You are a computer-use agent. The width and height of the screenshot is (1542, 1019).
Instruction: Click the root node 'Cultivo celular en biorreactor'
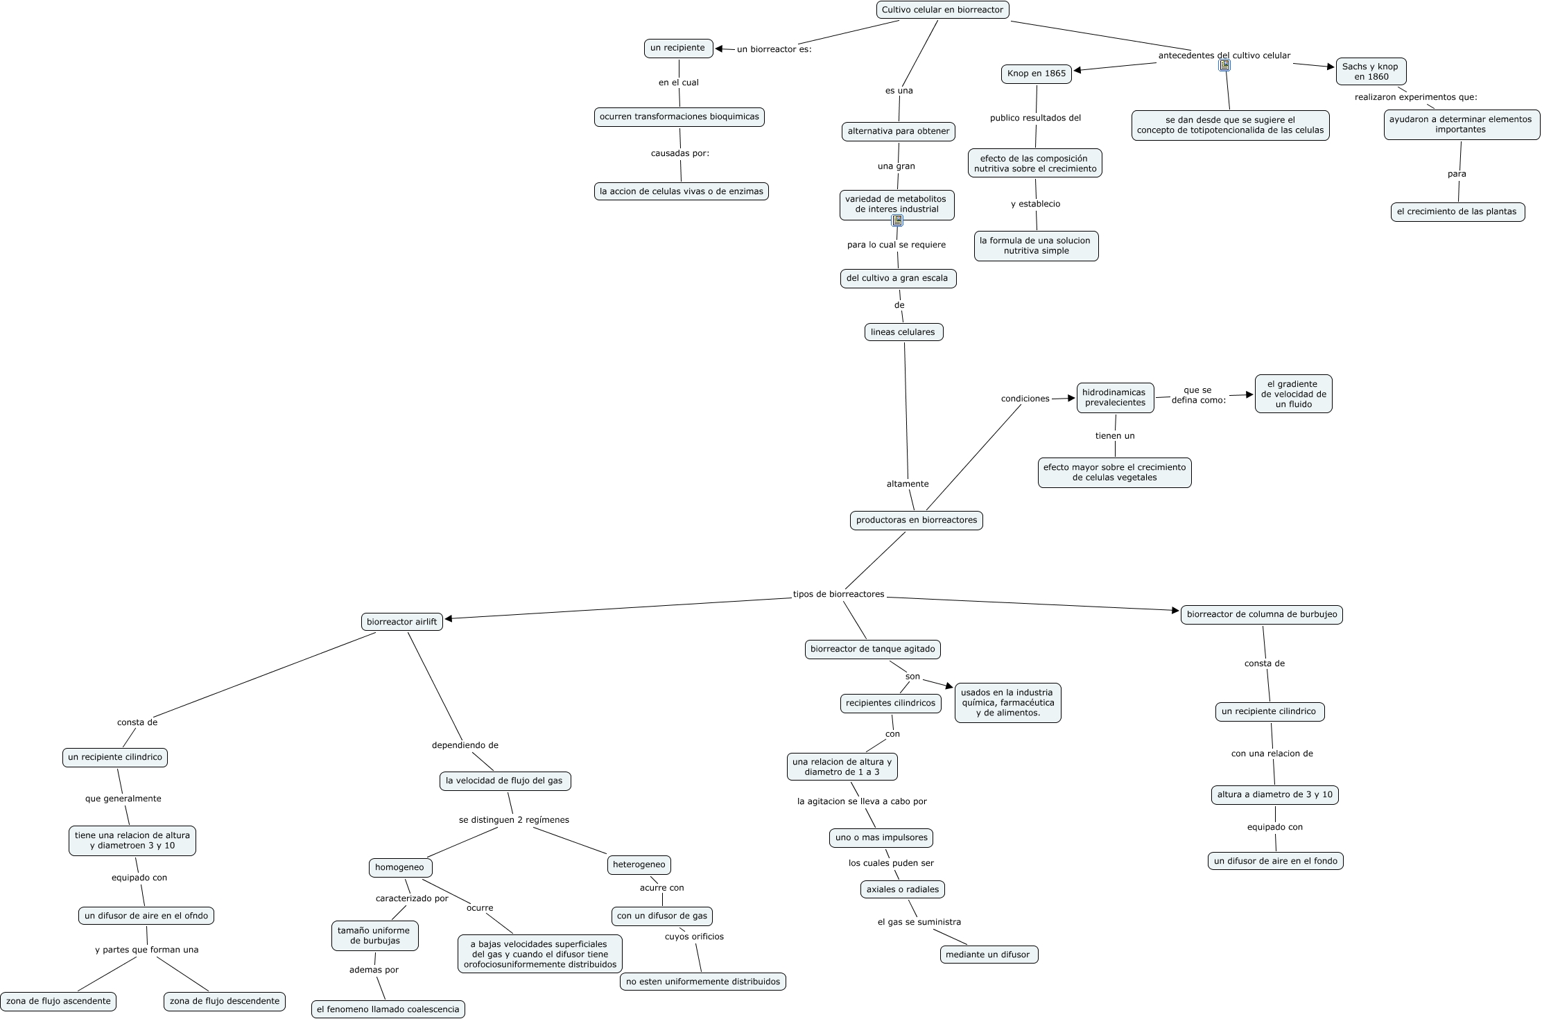coord(942,10)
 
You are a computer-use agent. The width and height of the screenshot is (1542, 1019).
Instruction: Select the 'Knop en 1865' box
coord(1037,73)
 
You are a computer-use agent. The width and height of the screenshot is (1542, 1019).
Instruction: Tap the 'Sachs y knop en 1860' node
coord(1371,71)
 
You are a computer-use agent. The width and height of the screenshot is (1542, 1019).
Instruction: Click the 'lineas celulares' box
coord(903,332)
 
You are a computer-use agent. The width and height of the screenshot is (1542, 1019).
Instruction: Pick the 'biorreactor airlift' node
coord(401,622)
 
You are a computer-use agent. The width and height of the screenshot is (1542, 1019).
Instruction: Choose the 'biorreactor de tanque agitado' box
coord(872,650)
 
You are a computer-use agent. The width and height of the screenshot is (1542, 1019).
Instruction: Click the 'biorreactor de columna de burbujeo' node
coord(1261,615)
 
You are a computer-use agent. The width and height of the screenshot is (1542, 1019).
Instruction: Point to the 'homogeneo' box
coord(399,867)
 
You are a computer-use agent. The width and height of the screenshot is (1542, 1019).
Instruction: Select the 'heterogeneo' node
coord(639,865)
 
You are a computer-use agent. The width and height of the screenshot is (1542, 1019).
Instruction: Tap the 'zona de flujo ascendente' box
coord(58,1001)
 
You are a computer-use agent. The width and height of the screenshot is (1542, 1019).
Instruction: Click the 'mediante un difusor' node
coord(988,955)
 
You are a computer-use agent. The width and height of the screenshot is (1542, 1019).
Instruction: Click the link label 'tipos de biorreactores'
coord(838,594)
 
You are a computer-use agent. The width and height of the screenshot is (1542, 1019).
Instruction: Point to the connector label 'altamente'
coord(907,484)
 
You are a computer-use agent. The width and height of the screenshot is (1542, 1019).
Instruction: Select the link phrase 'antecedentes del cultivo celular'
coord(1224,55)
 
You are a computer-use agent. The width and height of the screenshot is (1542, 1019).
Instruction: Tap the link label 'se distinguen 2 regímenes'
coord(514,820)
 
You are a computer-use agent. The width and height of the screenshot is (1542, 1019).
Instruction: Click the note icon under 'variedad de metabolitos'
coord(897,221)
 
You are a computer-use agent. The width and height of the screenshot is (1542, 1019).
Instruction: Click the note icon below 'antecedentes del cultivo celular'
coord(1224,66)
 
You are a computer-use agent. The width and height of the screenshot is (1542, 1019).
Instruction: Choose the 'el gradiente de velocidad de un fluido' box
coord(1293,394)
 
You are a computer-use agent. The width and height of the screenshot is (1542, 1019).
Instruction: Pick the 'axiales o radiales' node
coord(902,889)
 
